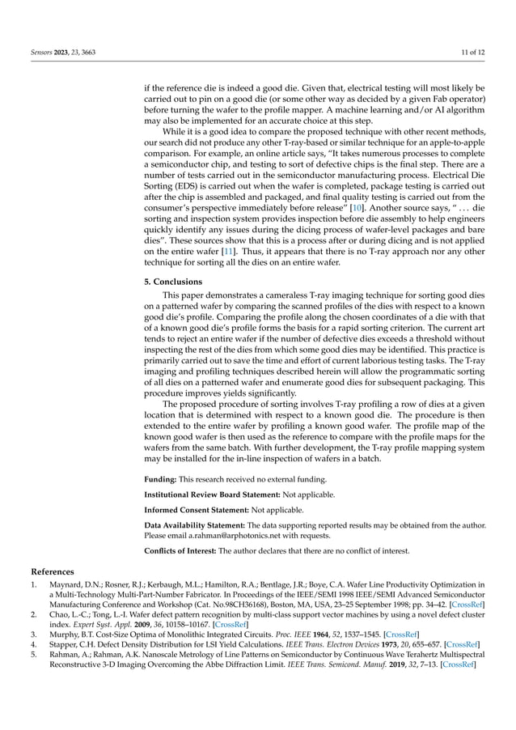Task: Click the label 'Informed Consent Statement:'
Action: point(190,510)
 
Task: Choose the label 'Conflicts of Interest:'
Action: point(182,552)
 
